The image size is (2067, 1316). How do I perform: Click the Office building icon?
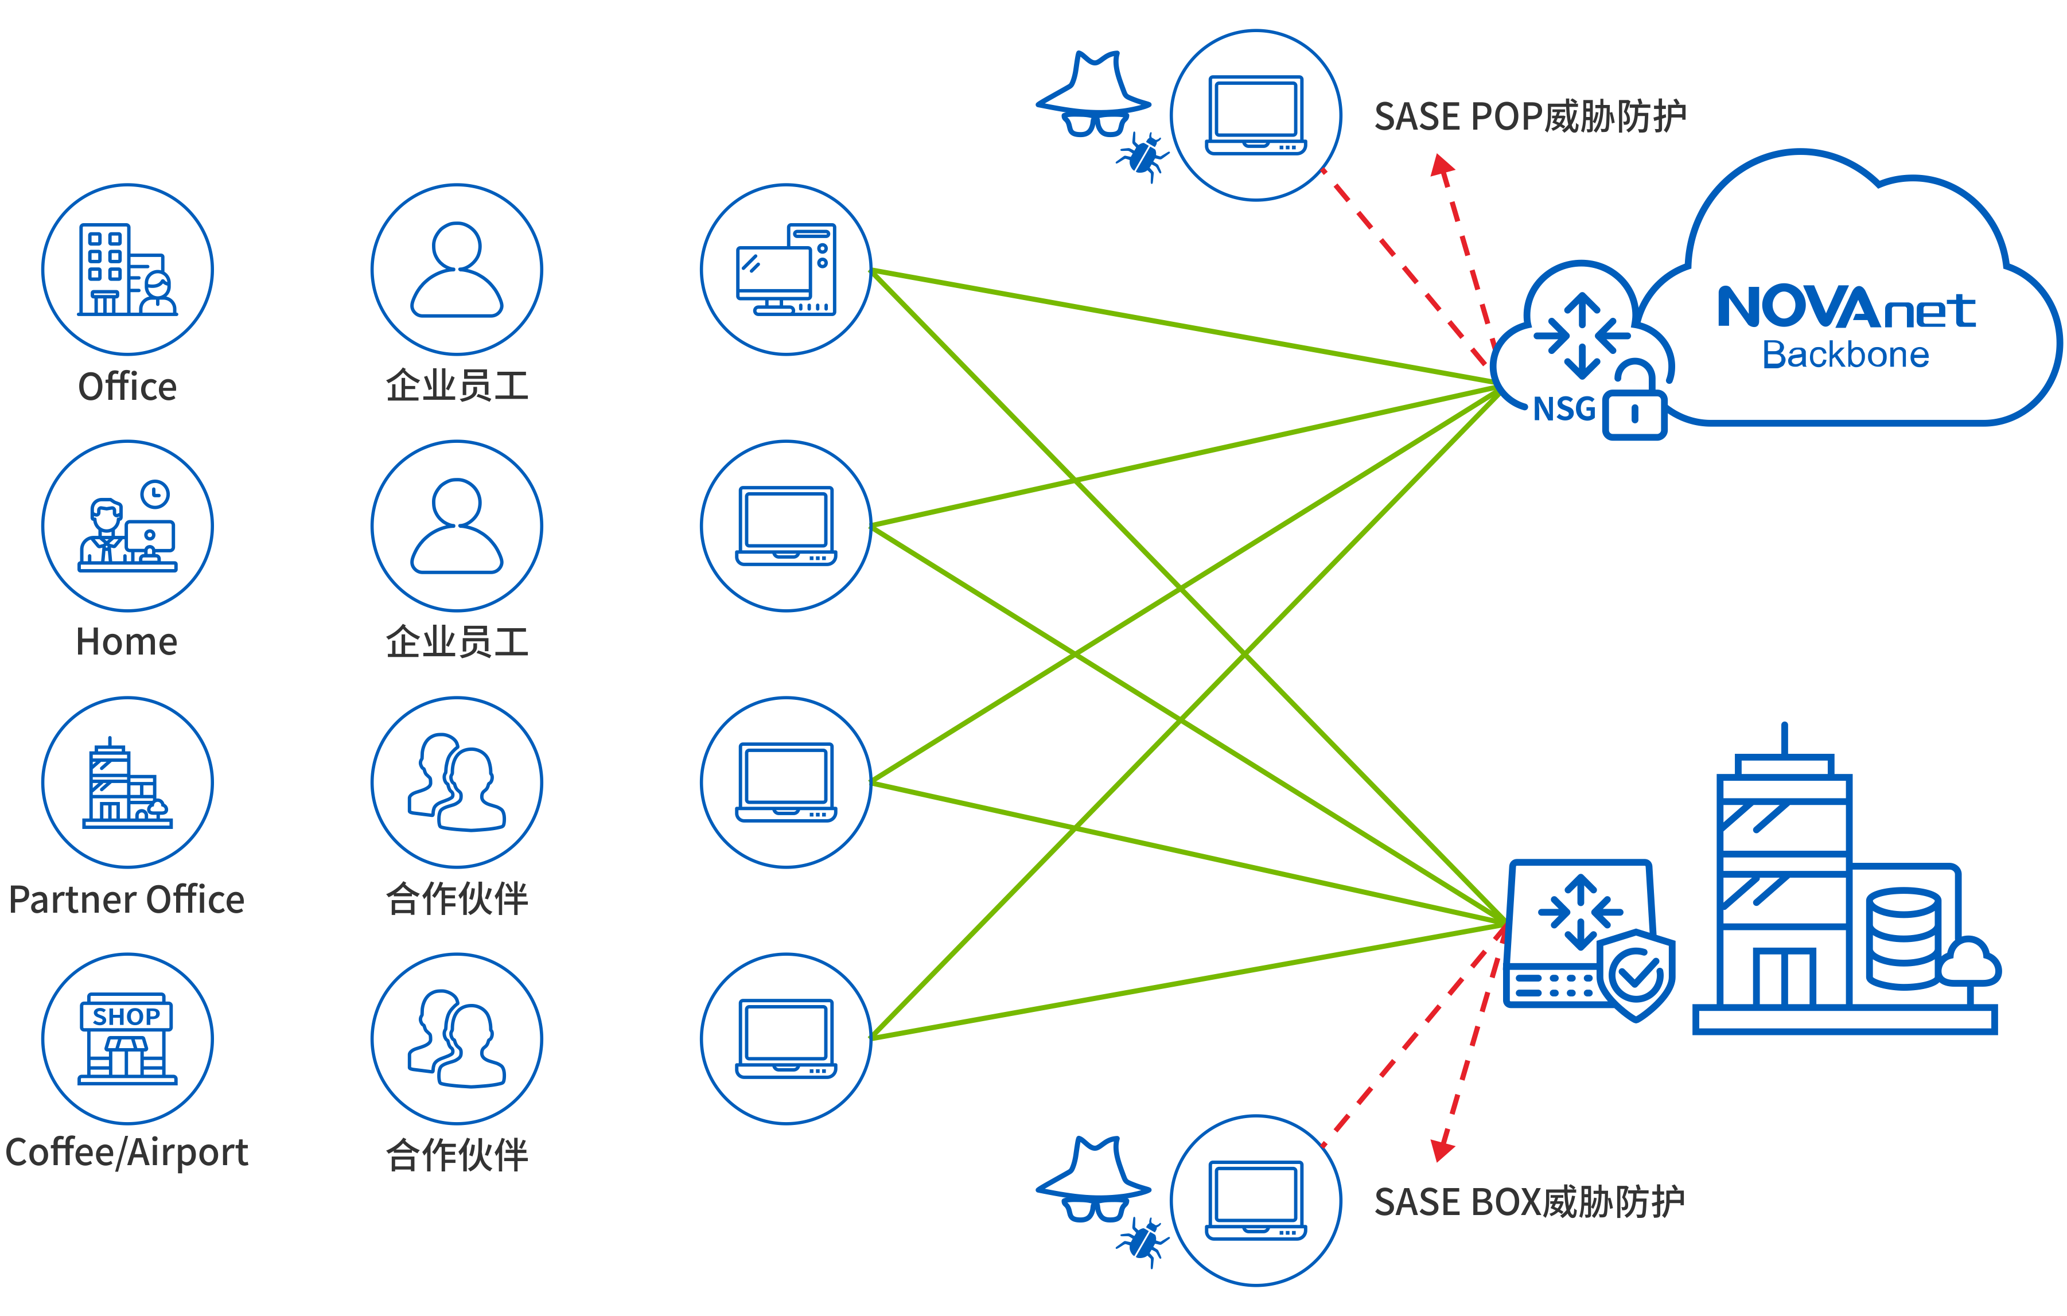[127, 270]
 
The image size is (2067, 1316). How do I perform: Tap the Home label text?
[127, 642]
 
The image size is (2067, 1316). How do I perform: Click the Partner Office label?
[126, 900]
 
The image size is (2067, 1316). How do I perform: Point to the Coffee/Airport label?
[126, 1152]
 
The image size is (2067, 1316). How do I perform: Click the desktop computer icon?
[787, 270]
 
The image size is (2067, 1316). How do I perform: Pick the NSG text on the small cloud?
[1564, 408]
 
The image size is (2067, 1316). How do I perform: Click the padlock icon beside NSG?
[1635, 403]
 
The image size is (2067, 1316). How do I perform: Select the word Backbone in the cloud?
[1846, 355]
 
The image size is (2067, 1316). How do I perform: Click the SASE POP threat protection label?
[1529, 117]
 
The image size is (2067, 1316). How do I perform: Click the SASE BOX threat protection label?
[1529, 1202]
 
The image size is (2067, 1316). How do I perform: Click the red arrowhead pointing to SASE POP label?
[1442, 166]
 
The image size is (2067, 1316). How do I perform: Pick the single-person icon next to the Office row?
[457, 270]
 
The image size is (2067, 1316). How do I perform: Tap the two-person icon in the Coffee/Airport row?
[457, 1039]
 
